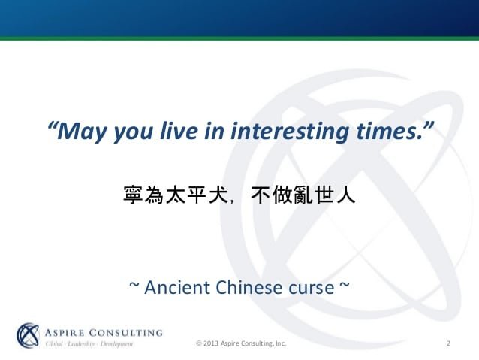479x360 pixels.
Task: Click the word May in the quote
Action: pos(80,132)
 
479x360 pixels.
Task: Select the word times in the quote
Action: pos(389,131)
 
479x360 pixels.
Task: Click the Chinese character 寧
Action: pos(133,195)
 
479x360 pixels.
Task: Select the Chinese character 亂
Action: pos(303,195)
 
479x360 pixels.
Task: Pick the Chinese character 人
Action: pos(346,195)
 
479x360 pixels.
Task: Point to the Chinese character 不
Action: pos(261,195)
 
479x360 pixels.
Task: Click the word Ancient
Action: pos(177,288)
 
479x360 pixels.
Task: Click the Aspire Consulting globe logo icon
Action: pos(28,335)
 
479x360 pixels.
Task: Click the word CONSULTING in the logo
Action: pos(125,332)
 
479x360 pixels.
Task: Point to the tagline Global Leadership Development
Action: pos(89,344)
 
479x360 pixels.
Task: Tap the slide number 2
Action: pos(448,343)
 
